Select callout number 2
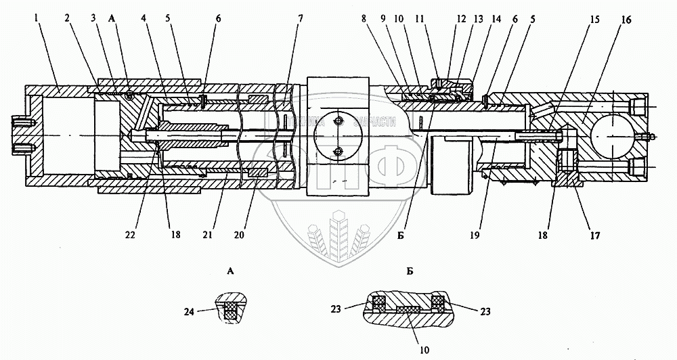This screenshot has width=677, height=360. [x=69, y=20]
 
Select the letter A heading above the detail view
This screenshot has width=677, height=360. [x=232, y=271]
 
